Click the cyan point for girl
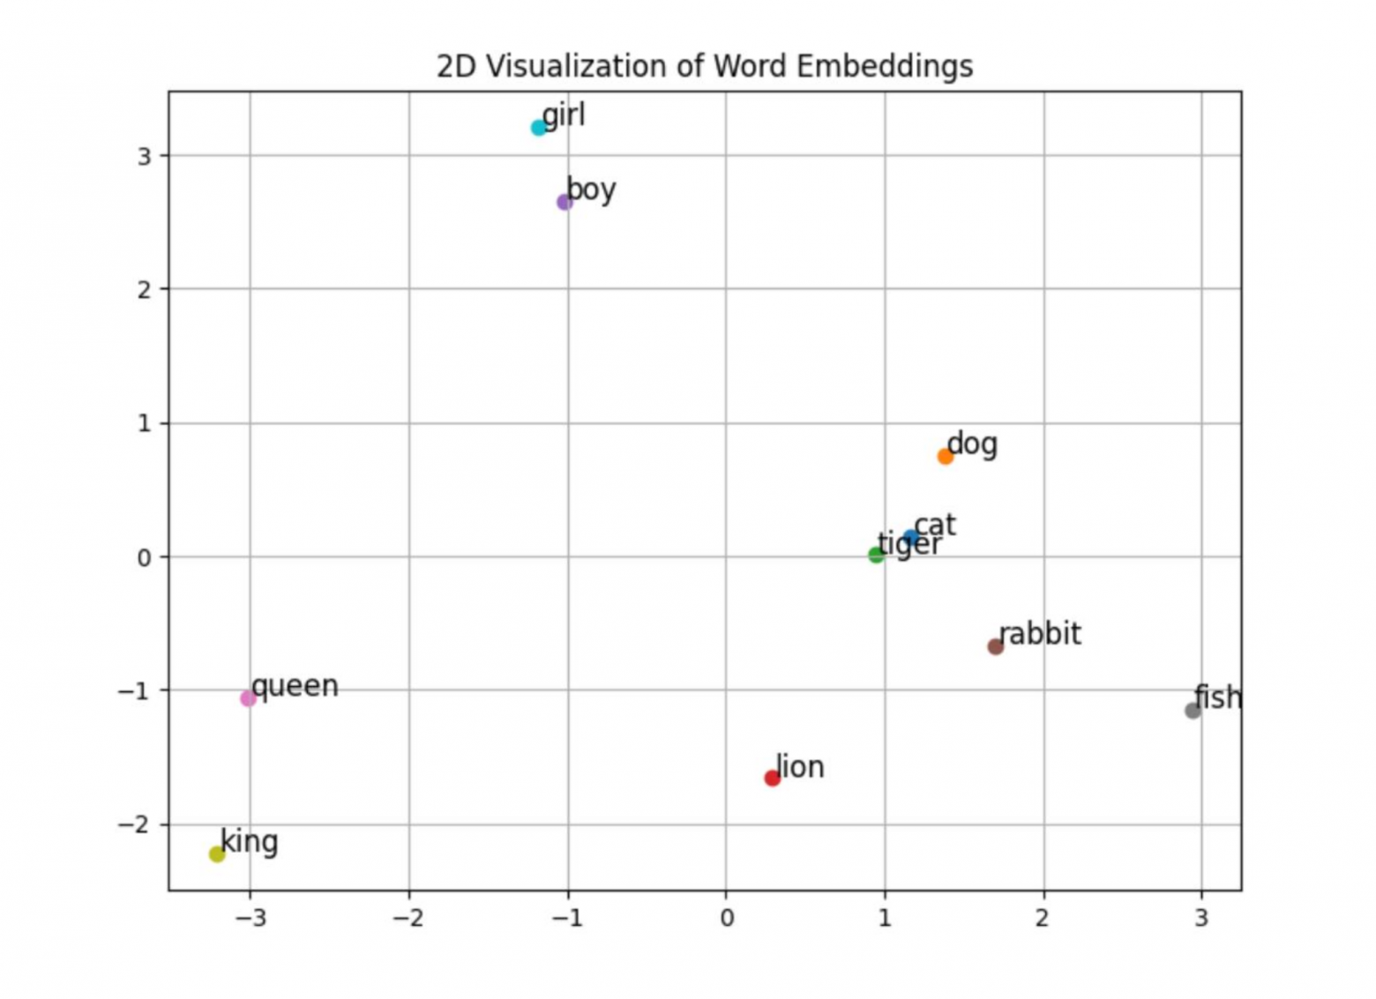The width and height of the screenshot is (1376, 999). [x=539, y=128]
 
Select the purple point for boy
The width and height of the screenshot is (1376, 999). [x=565, y=202]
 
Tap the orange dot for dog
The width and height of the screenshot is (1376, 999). [x=946, y=456]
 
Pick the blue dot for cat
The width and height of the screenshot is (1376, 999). [x=912, y=538]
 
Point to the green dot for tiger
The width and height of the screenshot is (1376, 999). [x=877, y=555]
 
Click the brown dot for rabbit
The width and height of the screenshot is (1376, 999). [x=996, y=646]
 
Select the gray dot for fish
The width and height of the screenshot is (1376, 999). [x=1193, y=711]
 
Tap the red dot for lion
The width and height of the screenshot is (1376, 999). [x=772, y=778]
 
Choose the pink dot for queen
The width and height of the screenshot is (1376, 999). [x=248, y=698]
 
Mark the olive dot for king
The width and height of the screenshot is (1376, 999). [x=217, y=854]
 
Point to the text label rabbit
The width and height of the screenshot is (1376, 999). [x=1040, y=634]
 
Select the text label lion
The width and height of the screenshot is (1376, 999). [x=800, y=767]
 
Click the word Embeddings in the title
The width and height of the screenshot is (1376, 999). [x=885, y=67]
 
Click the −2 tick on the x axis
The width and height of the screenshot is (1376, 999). [x=409, y=919]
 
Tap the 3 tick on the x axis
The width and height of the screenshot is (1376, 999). [x=1201, y=919]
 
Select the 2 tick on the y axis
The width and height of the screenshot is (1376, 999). [x=145, y=289]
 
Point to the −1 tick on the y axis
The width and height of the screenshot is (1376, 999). [x=134, y=690]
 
